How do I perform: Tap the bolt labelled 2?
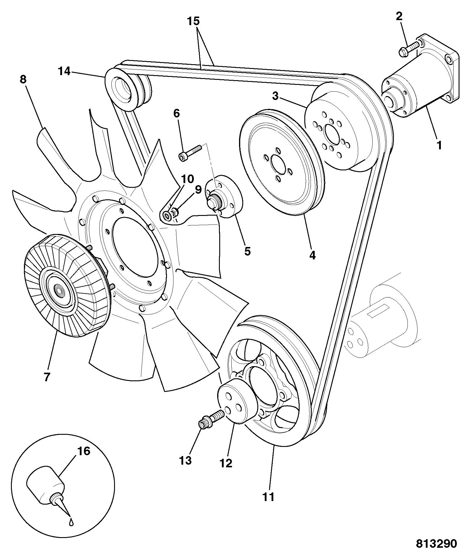tap(409, 49)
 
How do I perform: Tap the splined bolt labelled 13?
tap(211, 419)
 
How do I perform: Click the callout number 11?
tap(269, 497)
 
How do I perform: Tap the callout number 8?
tap(23, 80)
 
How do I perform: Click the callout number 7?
tap(47, 377)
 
